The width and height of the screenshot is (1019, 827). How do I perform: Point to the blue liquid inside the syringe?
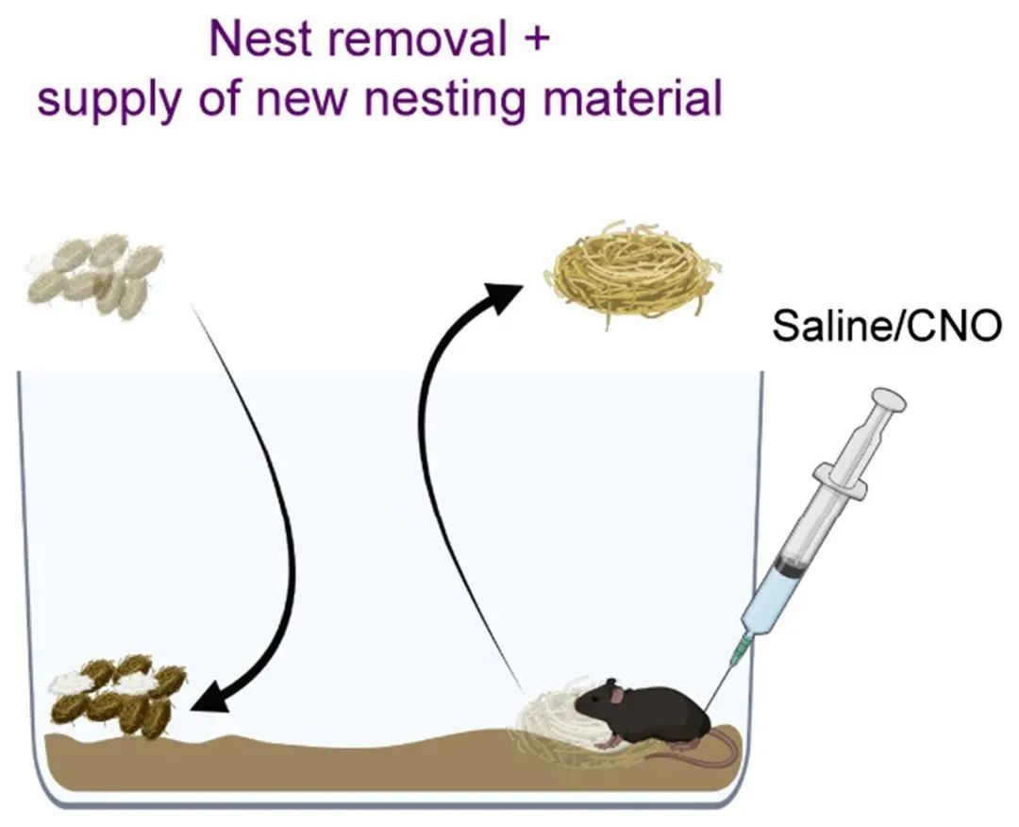click(x=767, y=604)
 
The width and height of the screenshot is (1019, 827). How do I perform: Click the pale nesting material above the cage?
click(x=95, y=275)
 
